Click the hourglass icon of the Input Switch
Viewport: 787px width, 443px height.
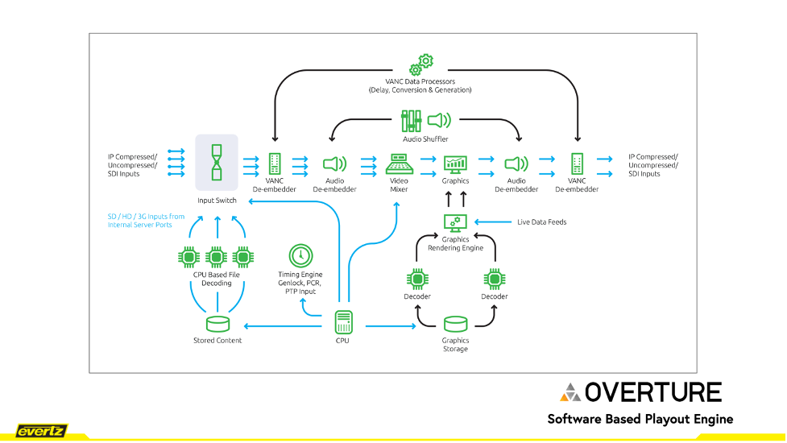[x=217, y=163]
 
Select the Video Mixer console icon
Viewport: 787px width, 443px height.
[x=399, y=164]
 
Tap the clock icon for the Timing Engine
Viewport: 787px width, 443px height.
[x=300, y=255]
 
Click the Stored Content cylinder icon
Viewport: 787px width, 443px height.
[x=217, y=324]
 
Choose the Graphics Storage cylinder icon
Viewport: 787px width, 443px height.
[x=455, y=324]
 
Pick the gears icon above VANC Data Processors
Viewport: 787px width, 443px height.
[x=421, y=64]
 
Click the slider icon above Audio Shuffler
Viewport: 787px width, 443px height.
[x=411, y=122]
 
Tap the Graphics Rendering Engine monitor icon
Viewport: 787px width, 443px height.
[x=455, y=221]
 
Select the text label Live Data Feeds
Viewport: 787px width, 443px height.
[x=541, y=221]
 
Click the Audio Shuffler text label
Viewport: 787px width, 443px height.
[x=425, y=139]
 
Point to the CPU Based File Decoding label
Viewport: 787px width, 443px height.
[x=217, y=279]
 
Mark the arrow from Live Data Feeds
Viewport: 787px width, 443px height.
[x=494, y=221]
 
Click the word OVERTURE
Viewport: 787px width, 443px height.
[x=653, y=392]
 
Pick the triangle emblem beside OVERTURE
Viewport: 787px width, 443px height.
[x=570, y=392]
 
